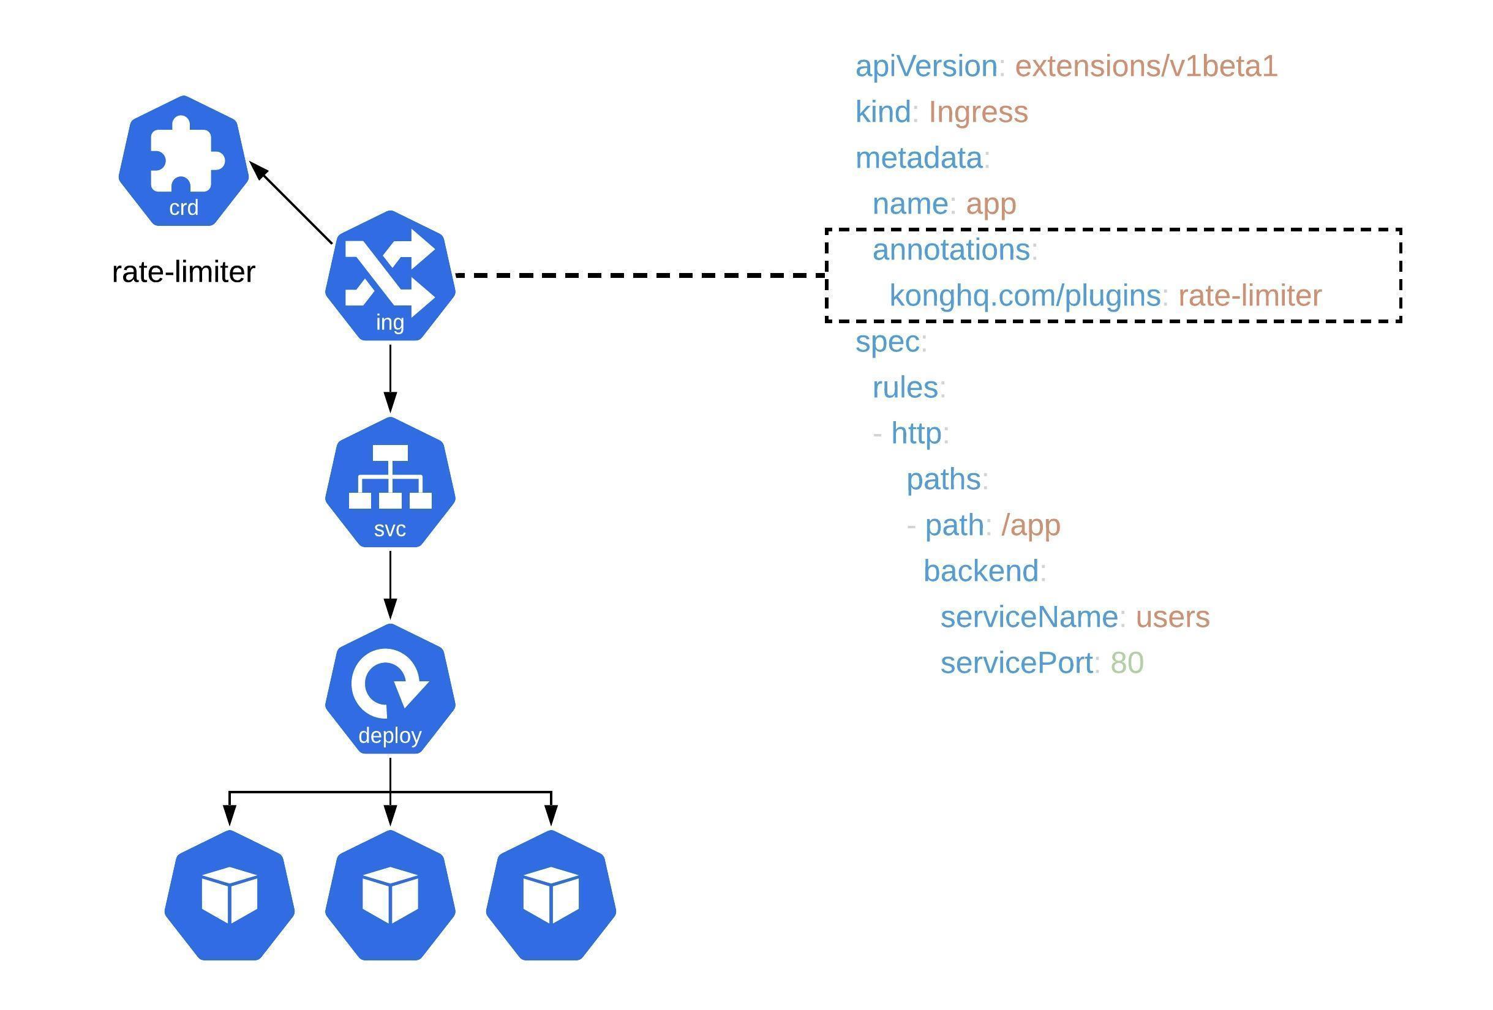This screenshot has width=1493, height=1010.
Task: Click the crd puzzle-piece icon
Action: click(x=184, y=160)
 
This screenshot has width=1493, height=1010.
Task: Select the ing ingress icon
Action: click(x=390, y=275)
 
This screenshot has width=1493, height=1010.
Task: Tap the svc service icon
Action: click(x=390, y=482)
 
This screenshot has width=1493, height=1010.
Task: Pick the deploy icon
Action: click(x=390, y=688)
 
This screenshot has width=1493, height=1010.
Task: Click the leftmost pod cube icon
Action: click(x=230, y=895)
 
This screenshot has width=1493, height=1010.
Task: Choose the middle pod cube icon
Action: click(x=390, y=895)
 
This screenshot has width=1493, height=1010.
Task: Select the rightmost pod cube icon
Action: click(x=551, y=895)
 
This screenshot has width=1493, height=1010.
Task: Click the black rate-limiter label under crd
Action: click(x=184, y=272)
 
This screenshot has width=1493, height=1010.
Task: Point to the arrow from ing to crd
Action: click(x=290, y=203)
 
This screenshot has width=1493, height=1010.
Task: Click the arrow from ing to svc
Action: click(x=390, y=379)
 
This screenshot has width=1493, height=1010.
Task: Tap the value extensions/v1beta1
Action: click(x=1146, y=66)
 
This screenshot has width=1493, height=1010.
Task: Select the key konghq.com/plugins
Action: click(x=1025, y=296)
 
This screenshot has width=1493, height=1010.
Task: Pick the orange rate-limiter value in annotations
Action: click(x=1250, y=296)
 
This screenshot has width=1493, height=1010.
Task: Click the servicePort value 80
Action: click(x=1127, y=663)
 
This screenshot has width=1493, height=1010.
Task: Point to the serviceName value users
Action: click(x=1173, y=617)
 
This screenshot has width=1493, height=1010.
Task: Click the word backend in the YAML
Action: click(x=981, y=571)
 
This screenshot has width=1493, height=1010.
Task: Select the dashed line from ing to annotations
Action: click(x=641, y=275)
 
